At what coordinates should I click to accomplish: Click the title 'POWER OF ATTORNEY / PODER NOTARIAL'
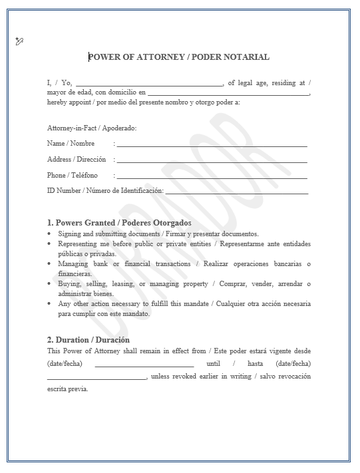tap(178, 57)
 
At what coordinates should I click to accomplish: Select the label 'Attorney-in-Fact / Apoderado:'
tap(92, 128)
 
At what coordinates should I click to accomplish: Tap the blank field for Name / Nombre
tap(212, 145)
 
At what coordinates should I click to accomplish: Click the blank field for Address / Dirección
tap(212, 161)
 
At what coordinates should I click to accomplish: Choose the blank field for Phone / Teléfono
tap(212, 177)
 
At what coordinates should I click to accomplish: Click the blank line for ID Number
tap(237, 193)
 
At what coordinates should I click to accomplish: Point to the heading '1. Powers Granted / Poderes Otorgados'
tap(119, 223)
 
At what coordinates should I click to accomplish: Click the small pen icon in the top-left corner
tap(19, 41)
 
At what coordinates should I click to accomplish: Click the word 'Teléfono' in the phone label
tap(85, 176)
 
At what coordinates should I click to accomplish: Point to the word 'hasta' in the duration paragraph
tap(256, 363)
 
